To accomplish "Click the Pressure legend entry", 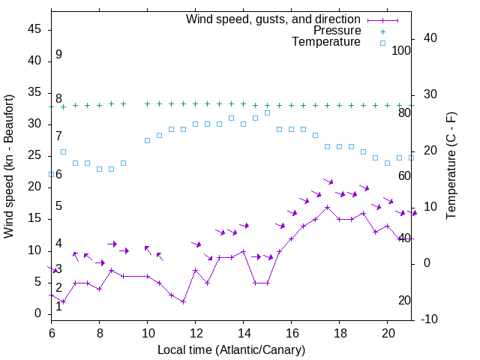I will (337, 31).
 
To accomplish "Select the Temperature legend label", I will (326, 42).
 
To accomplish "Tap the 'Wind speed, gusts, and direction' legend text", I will (274, 19).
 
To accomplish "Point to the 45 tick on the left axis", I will (35, 29).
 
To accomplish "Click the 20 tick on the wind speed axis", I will (35, 187).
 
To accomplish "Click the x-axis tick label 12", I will (195, 332).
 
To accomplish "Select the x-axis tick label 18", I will (339, 332).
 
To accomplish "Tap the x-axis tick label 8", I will (100, 332).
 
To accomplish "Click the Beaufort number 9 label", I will (58, 55).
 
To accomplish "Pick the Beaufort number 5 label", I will (58, 206).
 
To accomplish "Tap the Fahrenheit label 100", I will (402, 51).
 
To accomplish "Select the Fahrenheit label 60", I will (404, 175).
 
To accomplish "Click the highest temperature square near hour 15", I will (267, 113).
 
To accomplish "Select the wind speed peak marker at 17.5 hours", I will (327, 207).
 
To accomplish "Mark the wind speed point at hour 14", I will (243, 251).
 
